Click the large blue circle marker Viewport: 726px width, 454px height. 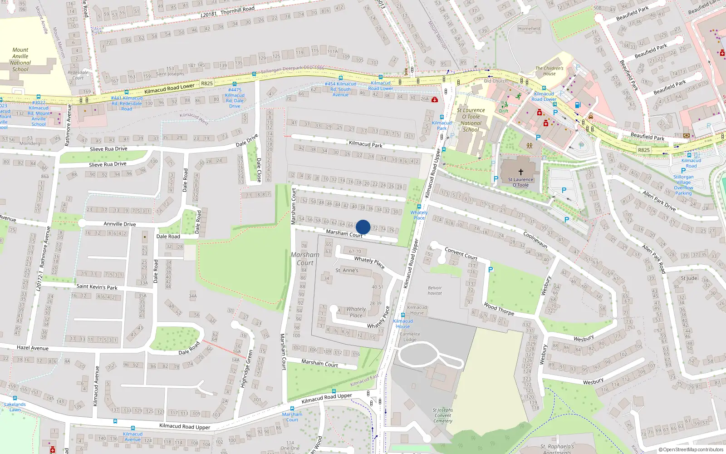pyautogui.click(x=363, y=227)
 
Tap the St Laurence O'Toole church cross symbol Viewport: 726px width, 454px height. pyautogui.click(x=521, y=172)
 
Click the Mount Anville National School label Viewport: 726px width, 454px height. pyautogui.click(x=20, y=59)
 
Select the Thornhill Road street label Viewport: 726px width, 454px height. pyautogui.click(x=237, y=10)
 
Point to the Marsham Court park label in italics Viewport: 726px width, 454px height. pyautogui.click(x=305, y=259)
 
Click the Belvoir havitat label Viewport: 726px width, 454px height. pyautogui.click(x=435, y=291)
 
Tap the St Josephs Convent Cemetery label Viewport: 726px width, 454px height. pyautogui.click(x=442, y=415)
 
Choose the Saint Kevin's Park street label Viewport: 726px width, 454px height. pyautogui.click(x=97, y=287)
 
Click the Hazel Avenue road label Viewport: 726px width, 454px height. pyautogui.click(x=32, y=348)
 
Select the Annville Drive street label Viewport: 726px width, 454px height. pyautogui.click(x=119, y=224)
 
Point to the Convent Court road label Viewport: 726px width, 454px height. pyautogui.click(x=461, y=253)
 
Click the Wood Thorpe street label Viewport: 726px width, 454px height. pyautogui.click(x=499, y=309)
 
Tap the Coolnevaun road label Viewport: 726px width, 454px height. pyautogui.click(x=535, y=240)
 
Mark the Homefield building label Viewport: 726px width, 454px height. pyautogui.click(x=529, y=29)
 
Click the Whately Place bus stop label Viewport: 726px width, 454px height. pyautogui.click(x=419, y=215)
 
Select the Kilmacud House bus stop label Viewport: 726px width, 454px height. pyautogui.click(x=402, y=324)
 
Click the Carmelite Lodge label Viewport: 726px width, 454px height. pyautogui.click(x=410, y=337)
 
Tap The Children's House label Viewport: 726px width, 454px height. pyautogui.click(x=549, y=71)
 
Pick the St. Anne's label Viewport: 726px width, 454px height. pyautogui.click(x=347, y=270)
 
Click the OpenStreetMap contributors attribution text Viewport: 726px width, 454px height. pyautogui.click(x=691, y=450)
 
